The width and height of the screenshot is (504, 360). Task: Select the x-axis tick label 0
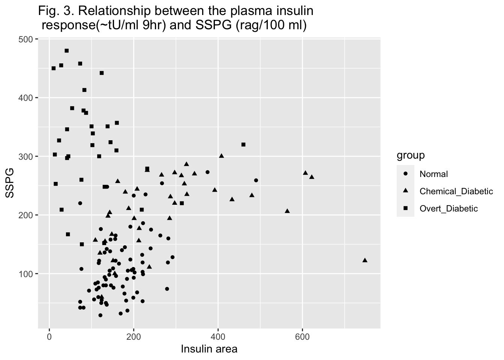pyautogui.click(x=49, y=336)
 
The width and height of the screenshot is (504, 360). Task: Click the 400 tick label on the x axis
pyautogui.click(x=218, y=336)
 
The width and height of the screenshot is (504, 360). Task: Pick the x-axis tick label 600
pyautogui.click(x=302, y=336)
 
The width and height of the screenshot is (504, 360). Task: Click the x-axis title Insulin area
pyautogui.click(x=209, y=349)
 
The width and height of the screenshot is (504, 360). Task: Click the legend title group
pyautogui.click(x=411, y=155)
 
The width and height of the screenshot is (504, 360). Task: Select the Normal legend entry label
pyautogui.click(x=433, y=174)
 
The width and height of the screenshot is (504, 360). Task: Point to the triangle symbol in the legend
pyautogui.click(x=405, y=191)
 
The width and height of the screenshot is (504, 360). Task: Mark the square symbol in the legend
pyautogui.click(x=405, y=208)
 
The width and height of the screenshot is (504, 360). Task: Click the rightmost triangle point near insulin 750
pyautogui.click(x=365, y=260)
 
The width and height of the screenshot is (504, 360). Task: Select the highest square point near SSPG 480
pyautogui.click(x=67, y=51)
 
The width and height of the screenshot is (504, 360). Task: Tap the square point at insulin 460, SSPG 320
pyautogui.click(x=243, y=144)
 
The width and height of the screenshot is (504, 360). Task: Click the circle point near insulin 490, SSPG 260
pyautogui.click(x=256, y=180)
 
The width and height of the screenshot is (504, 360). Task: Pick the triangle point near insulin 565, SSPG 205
pyautogui.click(x=287, y=211)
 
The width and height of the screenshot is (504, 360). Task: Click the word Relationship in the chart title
pyautogui.click(x=118, y=12)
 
